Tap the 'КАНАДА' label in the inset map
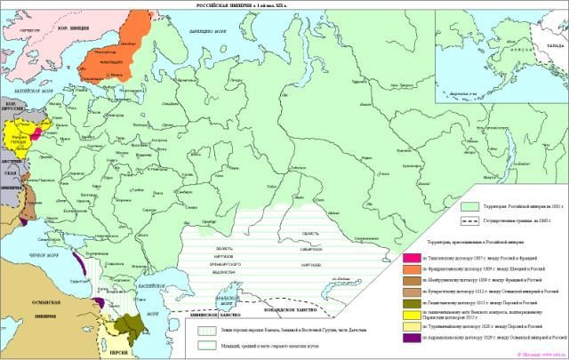553,42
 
